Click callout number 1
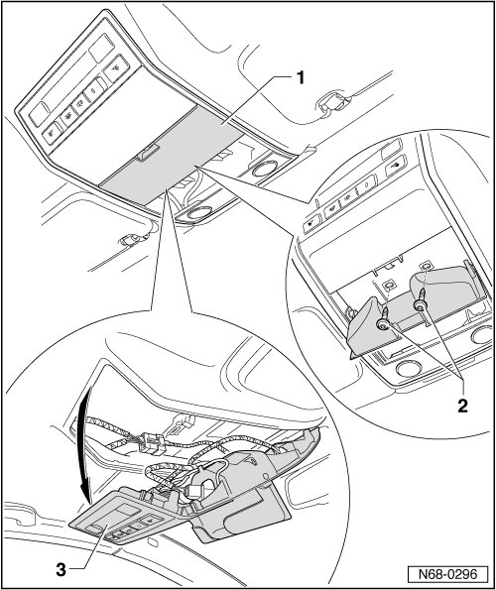(x=300, y=78)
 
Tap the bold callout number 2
(x=462, y=406)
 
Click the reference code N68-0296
(x=447, y=574)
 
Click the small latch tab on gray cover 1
(x=149, y=152)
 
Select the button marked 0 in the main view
(x=94, y=89)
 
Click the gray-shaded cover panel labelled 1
(x=173, y=155)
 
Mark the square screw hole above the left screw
(x=389, y=285)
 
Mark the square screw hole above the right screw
(x=426, y=266)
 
